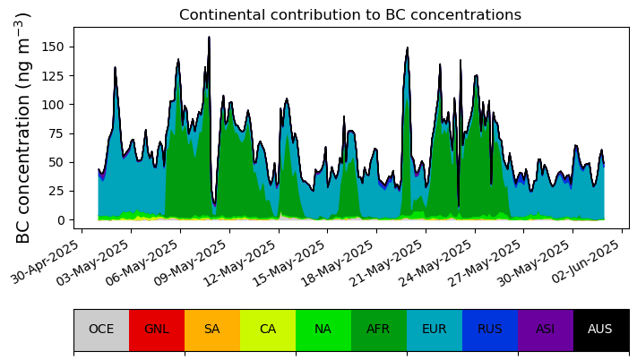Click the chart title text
pos(350,14)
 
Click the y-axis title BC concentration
pos(23,128)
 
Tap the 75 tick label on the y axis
pos(56,133)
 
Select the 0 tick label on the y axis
pos(61,220)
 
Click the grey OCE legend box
pos(101,330)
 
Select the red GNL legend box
pos(157,330)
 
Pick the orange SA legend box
pos(212,330)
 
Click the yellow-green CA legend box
pos(268,330)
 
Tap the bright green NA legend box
pos(323,330)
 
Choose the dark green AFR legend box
pos(379,330)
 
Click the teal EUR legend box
pos(435,330)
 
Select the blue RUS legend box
pos(490,330)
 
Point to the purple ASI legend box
pos(546,330)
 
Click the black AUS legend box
pos(601,330)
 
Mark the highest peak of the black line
pos(210,37)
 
